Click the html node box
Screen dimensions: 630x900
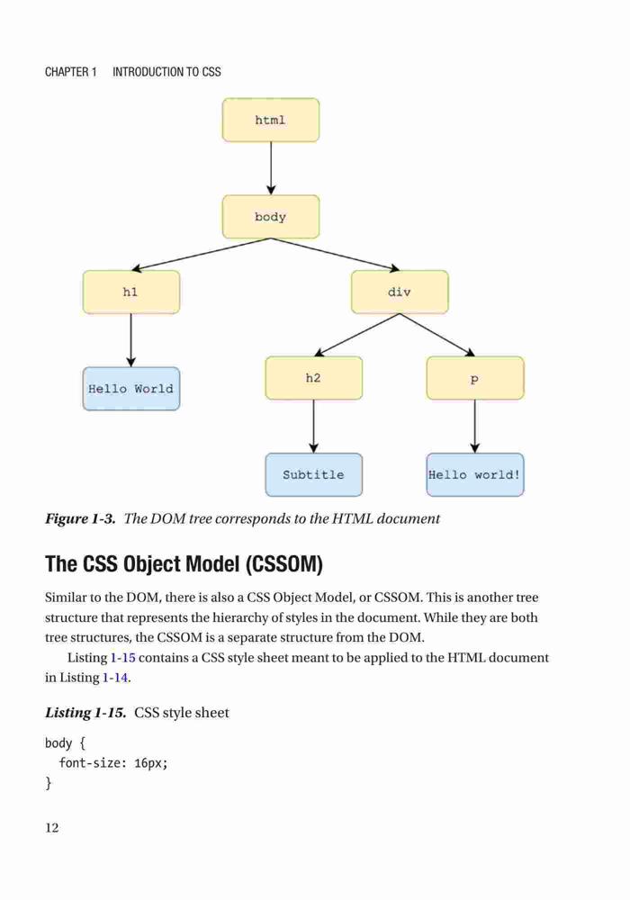[x=271, y=120]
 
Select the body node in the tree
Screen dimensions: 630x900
[x=271, y=217]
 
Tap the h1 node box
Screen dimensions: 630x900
[x=131, y=292]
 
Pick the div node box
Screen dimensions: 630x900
[x=400, y=292]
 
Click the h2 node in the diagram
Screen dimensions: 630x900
[x=314, y=378]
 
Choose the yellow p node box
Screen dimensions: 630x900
[x=475, y=378]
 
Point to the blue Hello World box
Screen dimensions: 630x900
[x=131, y=389]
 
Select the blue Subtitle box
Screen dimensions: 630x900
[x=314, y=474]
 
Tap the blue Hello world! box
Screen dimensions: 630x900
[x=475, y=474]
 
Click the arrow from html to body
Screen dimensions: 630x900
[x=271, y=168]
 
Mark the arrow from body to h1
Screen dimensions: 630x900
[x=201, y=255]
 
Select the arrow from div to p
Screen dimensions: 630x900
[x=437, y=335]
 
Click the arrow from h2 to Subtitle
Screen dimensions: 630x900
[x=314, y=427]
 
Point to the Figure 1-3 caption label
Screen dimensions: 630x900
[x=80, y=519]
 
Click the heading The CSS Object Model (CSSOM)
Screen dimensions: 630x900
[x=184, y=563]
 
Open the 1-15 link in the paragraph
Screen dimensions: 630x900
[x=122, y=658]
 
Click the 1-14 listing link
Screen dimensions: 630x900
[x=115, y=678]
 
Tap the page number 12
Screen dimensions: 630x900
[x=51, y=828]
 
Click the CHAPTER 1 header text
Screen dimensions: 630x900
[x=70, y=72]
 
